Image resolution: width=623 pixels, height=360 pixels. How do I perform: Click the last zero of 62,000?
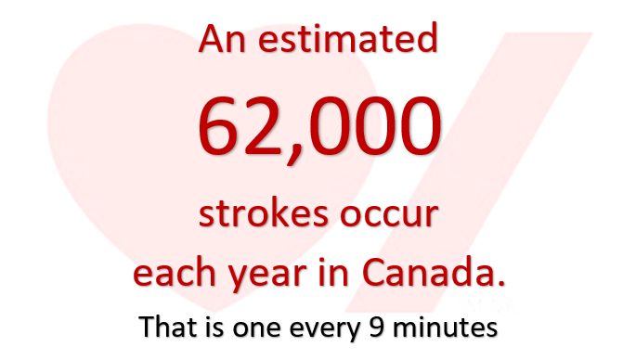pyautogui.click(x=414, y=127)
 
